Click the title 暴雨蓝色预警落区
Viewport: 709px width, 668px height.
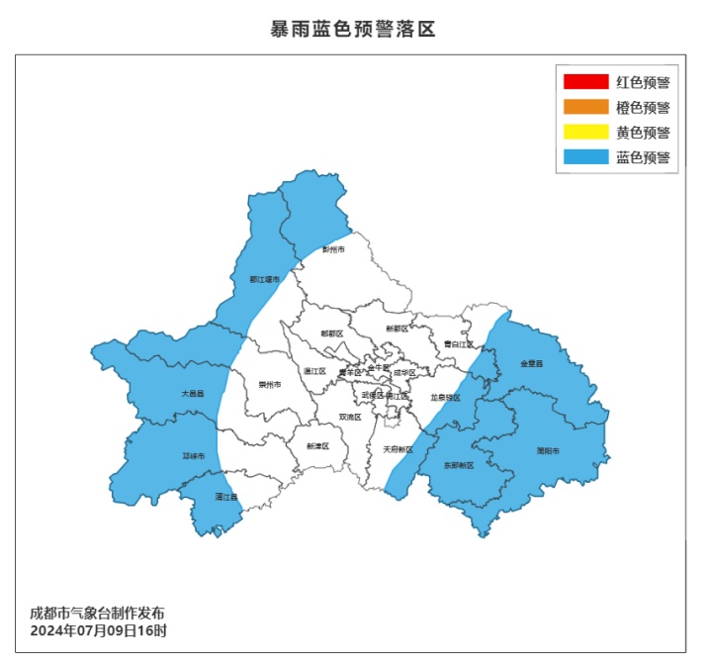point(353,29)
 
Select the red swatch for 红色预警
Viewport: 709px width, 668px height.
point(585,81)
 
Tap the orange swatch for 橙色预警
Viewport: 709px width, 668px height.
point(585,107)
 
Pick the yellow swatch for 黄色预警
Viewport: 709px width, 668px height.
point(585,132)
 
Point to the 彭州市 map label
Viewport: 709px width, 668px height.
point(334,249)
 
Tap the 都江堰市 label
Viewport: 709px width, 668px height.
point(264,280)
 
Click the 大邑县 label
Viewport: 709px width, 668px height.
point(192,393)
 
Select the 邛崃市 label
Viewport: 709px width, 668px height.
point(194,456)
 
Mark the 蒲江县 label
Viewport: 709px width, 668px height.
point(226,497)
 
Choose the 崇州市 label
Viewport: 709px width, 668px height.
point(270,384)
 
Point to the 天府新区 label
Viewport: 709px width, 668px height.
point(398,449)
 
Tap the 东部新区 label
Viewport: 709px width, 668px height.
point(459,465)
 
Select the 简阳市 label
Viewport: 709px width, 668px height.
point(548,451)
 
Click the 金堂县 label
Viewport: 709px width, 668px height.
point(532,363)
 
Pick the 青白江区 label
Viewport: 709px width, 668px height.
point(458,344)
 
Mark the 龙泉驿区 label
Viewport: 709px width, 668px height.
point(446,397)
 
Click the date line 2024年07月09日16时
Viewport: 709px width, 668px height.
point(98,630)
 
